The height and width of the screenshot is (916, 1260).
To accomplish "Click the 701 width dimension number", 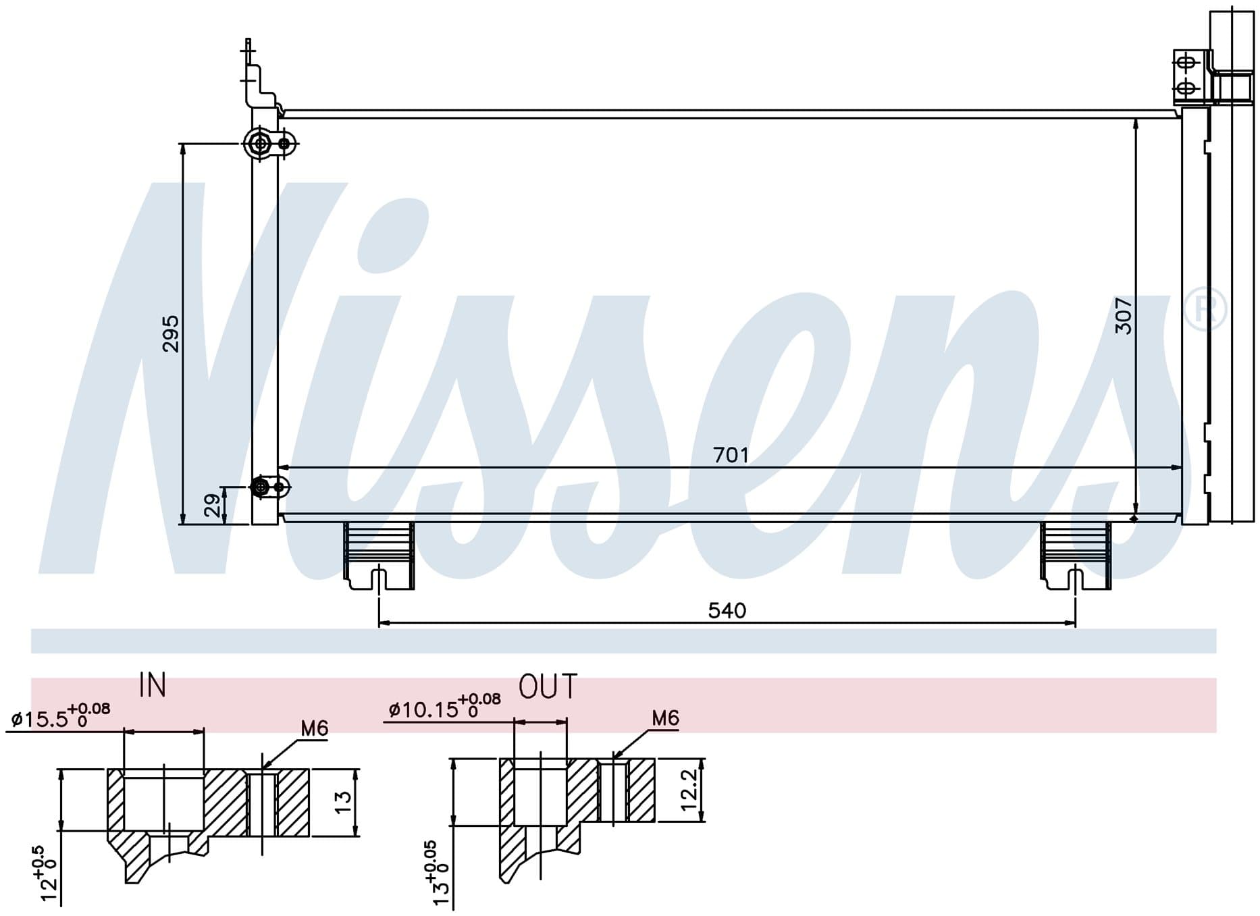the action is pos(731,456).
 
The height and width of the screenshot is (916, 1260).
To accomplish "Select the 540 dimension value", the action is pos(727,611).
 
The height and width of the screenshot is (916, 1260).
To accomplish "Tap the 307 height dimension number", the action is pos(1124,315).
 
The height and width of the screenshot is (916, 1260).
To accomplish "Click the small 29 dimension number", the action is pos(212,505).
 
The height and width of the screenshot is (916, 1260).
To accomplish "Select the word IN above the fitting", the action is pos(153,685).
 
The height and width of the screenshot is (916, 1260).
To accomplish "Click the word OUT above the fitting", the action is pos(548,686).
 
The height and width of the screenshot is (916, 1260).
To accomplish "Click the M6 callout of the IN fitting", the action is pos(314,728).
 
